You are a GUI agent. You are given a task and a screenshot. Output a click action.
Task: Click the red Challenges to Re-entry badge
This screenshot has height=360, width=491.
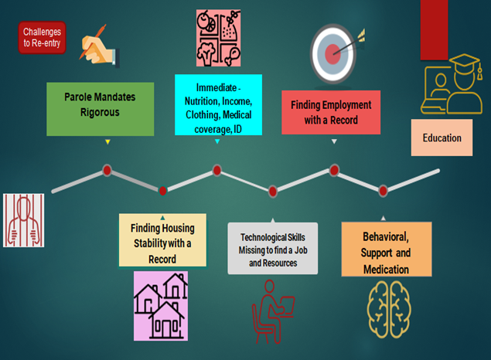pos(42,39)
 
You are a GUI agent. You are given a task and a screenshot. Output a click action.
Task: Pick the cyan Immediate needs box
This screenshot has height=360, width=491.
pos(218,104)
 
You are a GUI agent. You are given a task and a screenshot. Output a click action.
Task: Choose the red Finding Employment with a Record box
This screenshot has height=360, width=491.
pos(330,110)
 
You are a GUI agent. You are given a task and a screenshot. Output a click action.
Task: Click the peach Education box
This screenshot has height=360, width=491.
pos(442,138)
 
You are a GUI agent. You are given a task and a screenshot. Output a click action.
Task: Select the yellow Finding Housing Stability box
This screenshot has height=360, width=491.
pos(162,240)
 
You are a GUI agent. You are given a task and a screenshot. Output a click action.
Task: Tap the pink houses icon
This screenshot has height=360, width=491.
pos(161,305)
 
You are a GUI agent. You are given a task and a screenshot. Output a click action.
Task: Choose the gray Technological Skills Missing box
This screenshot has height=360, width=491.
pos(272,247)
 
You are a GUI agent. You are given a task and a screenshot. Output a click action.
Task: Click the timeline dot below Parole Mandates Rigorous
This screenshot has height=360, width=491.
pos(107,169)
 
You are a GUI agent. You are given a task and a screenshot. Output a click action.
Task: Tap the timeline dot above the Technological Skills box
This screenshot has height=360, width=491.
pos(273,190)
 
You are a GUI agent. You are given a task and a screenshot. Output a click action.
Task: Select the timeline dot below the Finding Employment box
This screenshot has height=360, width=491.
pos(334,169)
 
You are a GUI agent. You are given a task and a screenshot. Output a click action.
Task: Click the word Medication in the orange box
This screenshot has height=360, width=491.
pos(387,270)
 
